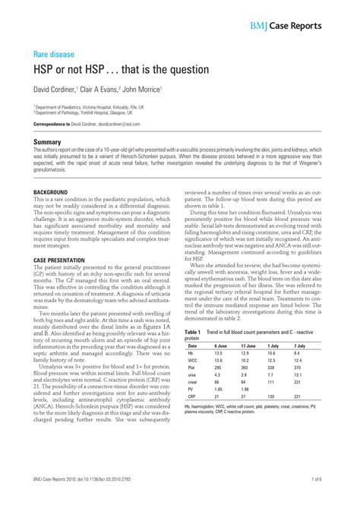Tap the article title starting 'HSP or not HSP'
coord(120,70)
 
